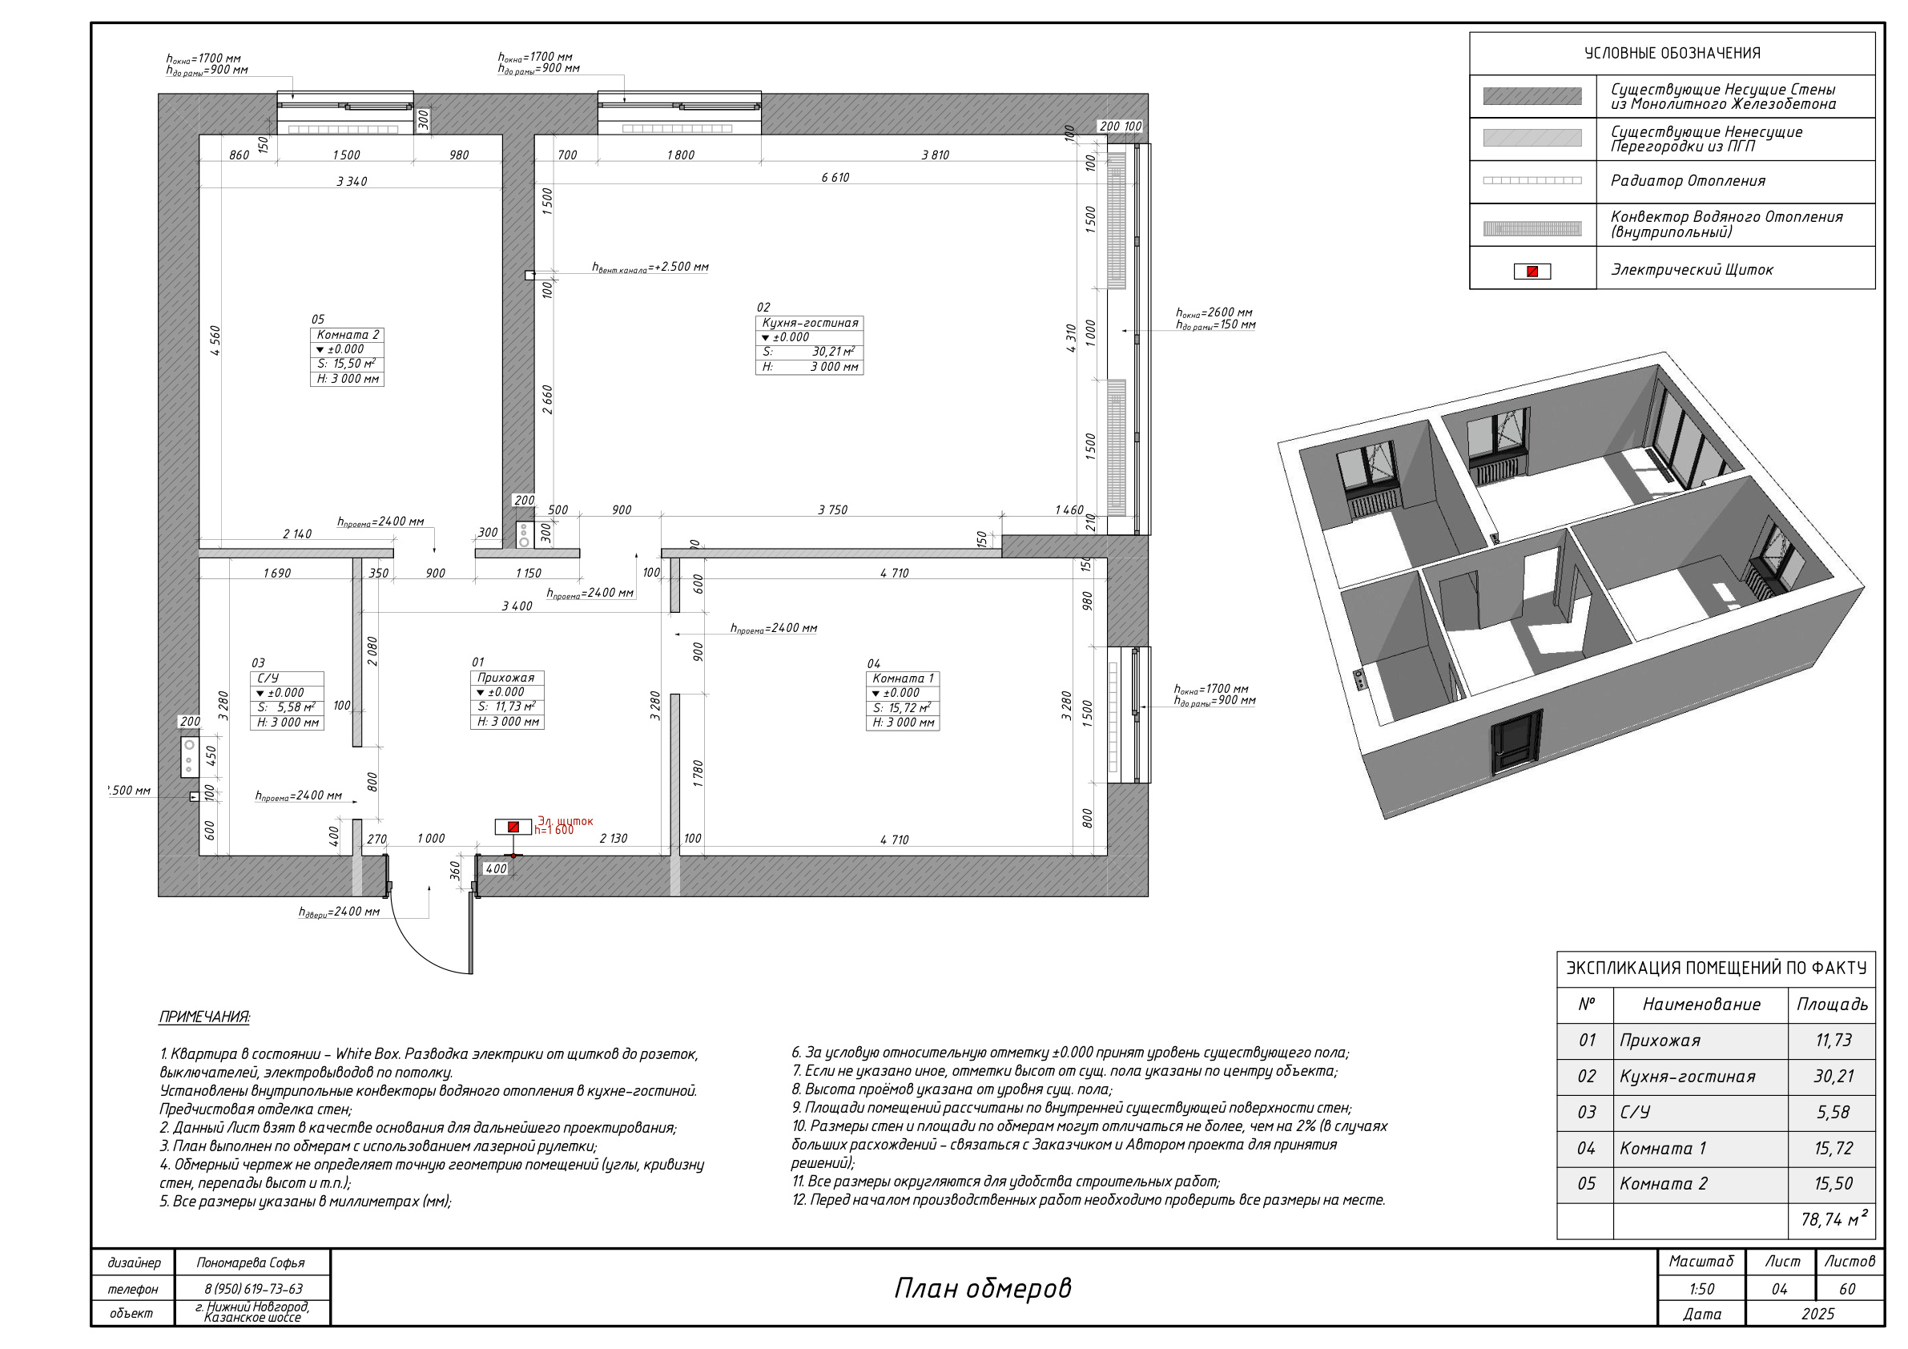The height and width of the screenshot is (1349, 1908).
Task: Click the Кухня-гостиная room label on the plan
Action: (x=809, y=323)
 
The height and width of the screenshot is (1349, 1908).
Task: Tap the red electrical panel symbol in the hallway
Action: (x=513, y=826)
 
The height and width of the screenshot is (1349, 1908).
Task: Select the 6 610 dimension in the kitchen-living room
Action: (x=835, y=177)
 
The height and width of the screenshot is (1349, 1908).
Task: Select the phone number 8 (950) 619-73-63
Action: (x=253, y=1288)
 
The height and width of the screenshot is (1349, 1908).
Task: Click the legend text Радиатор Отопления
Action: (x=1688, y=180)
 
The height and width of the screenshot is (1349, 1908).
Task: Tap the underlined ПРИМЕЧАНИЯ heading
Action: (x=204, y=1017)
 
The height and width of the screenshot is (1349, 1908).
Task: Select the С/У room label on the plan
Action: (x=268, y=679)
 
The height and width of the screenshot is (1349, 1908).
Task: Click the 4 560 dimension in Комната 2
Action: (x=215, y=340)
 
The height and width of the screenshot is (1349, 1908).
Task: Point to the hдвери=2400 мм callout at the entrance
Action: (x=339, y=912)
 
